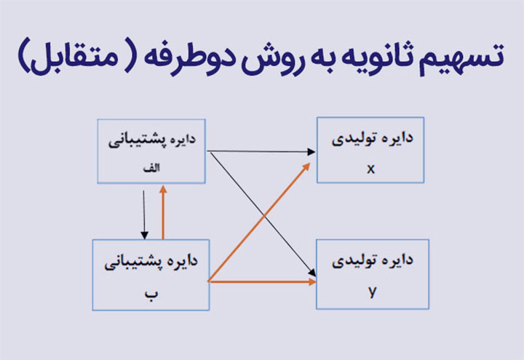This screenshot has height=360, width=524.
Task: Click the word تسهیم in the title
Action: [462, 57]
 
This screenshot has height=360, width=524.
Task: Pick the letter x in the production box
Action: [370, 169]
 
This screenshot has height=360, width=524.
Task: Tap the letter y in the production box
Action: [373, 292]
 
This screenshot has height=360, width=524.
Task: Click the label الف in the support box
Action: [151, 168]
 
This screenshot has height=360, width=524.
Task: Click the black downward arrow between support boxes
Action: [144, 215]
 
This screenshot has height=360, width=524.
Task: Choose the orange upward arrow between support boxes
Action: [163, 212]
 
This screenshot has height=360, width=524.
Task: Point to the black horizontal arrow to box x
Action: [261, 151]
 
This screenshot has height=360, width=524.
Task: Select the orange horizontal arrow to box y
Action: [262, 282]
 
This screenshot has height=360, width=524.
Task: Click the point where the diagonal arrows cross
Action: [264, 216]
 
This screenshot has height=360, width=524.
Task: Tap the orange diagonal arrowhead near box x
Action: [306, 167]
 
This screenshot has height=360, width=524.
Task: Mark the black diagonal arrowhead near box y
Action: [312, 272]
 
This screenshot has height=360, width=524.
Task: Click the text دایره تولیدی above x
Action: [373, 139]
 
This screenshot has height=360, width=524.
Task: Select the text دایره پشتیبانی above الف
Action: [152, 140]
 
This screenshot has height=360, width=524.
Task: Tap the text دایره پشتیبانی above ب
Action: [151, 262]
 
